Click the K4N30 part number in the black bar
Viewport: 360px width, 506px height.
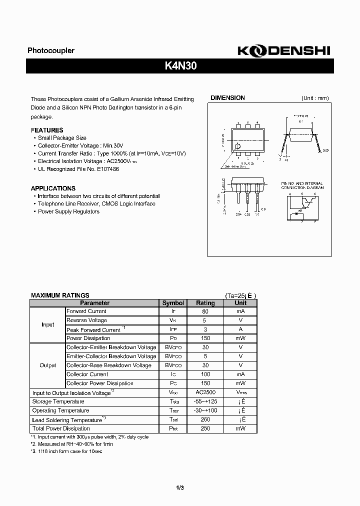[x=180, y=66]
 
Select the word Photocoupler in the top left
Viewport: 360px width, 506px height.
[x=50, y=50]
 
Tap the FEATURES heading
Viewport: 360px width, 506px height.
[x=47, y=130]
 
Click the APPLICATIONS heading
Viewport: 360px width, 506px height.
[x=53, y=188]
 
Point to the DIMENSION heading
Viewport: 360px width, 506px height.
[x=227, y=98]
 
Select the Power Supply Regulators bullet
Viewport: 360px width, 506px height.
[x=68, y=211]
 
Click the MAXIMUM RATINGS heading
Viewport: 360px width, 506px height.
[x=60, y=295]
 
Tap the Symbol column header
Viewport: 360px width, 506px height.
[x=173, y=303]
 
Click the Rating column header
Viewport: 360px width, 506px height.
[x=205, y=303]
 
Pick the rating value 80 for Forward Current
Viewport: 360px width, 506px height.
[x=205, y=311]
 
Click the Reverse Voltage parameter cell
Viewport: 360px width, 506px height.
[x=86, y=320]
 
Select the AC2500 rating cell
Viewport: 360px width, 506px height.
[x=205, y=392]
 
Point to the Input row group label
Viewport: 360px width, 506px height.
[x=47, y=324]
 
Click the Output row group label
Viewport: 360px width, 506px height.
[x=47, y=365]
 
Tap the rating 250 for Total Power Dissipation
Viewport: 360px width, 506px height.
[x=205, y=428]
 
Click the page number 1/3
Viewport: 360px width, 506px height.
[x=179, y=488]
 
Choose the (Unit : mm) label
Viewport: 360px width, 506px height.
[x=315, y=98]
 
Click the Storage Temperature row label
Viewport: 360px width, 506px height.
[x=58, y=401]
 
